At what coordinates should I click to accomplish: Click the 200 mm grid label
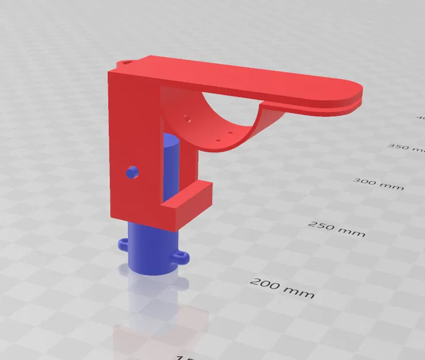282,288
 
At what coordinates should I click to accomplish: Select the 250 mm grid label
337,228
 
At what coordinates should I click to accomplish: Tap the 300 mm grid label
378,184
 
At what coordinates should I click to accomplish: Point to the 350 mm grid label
406,147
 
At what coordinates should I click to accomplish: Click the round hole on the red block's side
132,171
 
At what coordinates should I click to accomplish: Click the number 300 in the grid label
365,182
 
